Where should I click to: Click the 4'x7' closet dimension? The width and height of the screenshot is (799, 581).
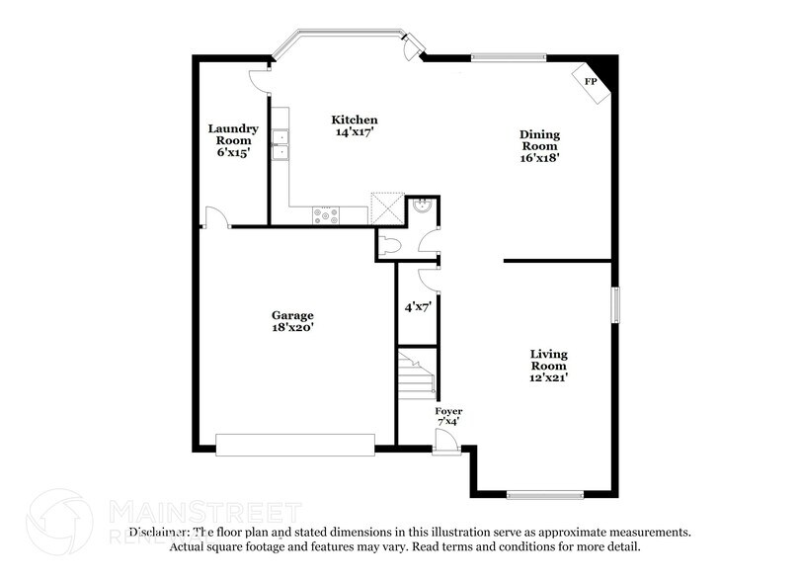[x=416, y=306]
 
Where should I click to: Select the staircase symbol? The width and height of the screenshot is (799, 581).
[x=416, y=379]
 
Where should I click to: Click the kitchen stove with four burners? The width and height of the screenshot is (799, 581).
[x=326, y=213]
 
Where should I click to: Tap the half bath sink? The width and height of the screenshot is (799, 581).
[x=423, y=207]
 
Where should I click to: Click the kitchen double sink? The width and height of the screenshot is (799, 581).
[x=281, y=144]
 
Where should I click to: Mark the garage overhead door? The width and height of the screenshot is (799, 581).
[x=295, y=445]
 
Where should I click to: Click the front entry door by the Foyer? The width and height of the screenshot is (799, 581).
[x=446, y=441]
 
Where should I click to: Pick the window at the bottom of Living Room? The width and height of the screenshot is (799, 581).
[x=548, y=493]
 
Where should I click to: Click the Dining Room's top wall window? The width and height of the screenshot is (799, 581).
[x=508, y=57]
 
